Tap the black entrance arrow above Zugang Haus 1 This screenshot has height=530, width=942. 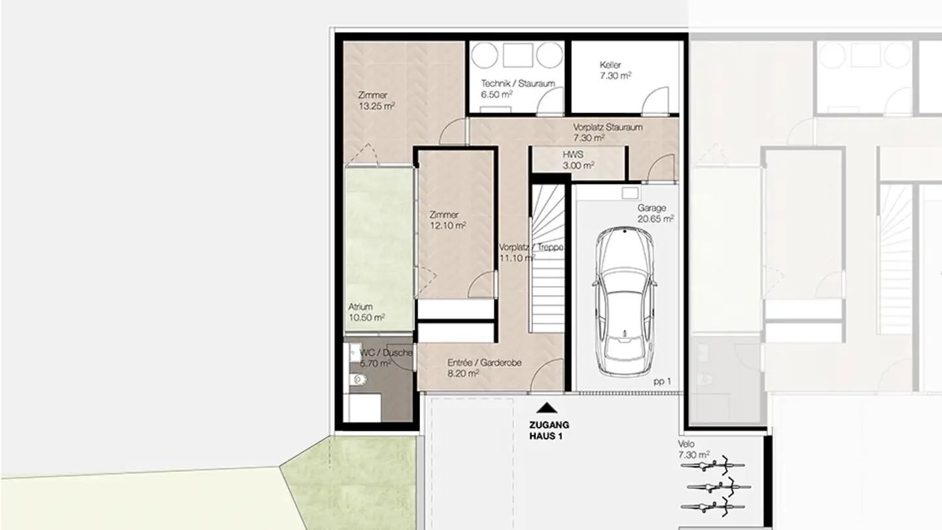click(x=547, y=408)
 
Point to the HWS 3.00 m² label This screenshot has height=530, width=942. click(x=578, y=161)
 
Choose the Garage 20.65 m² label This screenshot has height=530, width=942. click(x=655, y=213)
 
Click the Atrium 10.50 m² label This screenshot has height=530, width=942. click(x=366, y=311)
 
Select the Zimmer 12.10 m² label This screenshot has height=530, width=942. click(x=447, y=220)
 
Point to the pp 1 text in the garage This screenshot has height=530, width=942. click(x=662, y=381)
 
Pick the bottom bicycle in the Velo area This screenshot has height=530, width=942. click(x=710, y=506)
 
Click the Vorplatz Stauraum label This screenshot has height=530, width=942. click(x=607, y=132)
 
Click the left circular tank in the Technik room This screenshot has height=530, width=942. click(x=485, y=55)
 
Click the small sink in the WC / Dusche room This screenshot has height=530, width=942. click(x=355, y=351)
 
